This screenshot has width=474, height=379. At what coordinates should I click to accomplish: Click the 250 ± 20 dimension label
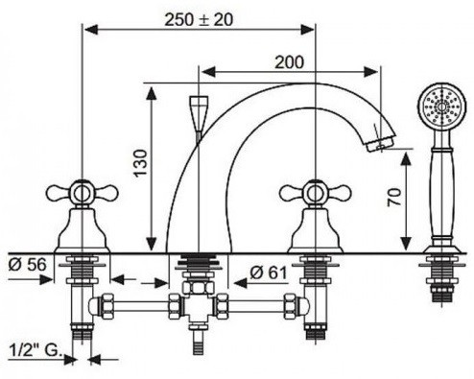[199, 20]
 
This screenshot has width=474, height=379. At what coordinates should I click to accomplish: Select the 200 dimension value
[289, 62]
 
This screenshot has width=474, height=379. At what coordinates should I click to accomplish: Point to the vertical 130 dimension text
[141, 163]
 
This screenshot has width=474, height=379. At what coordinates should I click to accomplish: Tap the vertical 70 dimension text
[394, 197]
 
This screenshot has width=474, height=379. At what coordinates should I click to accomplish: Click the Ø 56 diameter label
[28, 265]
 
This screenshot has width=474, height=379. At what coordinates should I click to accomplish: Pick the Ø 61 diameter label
[269, 272]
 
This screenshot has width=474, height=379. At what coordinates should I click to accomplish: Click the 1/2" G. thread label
[36, 350]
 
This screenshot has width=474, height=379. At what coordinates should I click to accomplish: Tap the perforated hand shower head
[442, 107]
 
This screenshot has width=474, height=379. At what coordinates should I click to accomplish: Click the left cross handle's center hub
[83, 194]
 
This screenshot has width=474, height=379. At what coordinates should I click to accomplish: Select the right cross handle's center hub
[316, 194]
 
